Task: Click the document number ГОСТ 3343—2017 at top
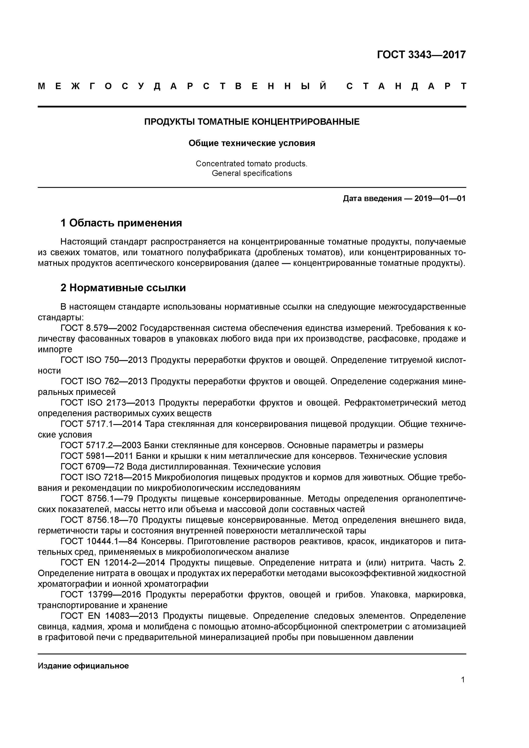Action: pyautogui.click(x=421, y=54)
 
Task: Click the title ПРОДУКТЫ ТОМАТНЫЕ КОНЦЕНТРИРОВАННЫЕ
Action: pyautogui.click(x=252, y=122)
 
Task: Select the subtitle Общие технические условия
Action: pyautogui.click(x=252, y=143)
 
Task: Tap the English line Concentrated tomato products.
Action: pyautogui.click(x=251, y=164)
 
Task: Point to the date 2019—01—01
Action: pyautogui.click(x=440, y=198)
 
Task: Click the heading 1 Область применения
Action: pyautogui.click(x=121, y=223)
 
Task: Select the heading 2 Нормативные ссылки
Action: pyautogui.click(x=123, y=288)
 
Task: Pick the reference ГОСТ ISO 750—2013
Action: pyautogui.click(x=104, y=360)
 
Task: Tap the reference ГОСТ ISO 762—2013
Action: pyautogui.click(x=104, y=381)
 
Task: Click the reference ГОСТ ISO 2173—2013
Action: pyautogui.click(x=107, y=403)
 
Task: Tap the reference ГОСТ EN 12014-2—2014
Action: pyautogui.click(x=113, y=563)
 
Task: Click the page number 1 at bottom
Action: pyautogui.click(x=462, y=680)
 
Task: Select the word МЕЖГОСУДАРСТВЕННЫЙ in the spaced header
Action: pyautogui.click(x=183, y=86)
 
